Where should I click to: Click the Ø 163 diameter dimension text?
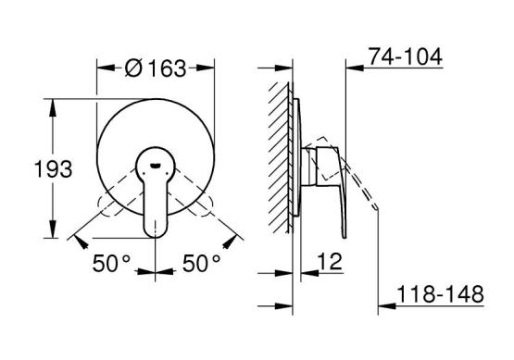coord(156,68)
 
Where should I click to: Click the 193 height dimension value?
coord(54,169)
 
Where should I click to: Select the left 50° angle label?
coord(111,264)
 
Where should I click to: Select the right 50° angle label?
coord(201,264)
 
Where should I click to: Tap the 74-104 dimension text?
coord(405,56)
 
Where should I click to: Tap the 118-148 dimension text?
coord(440,294)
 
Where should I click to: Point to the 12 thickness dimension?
coord(330,261)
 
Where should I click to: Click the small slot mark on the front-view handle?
coord(155,166)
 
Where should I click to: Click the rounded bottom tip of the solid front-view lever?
coord(155,237)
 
